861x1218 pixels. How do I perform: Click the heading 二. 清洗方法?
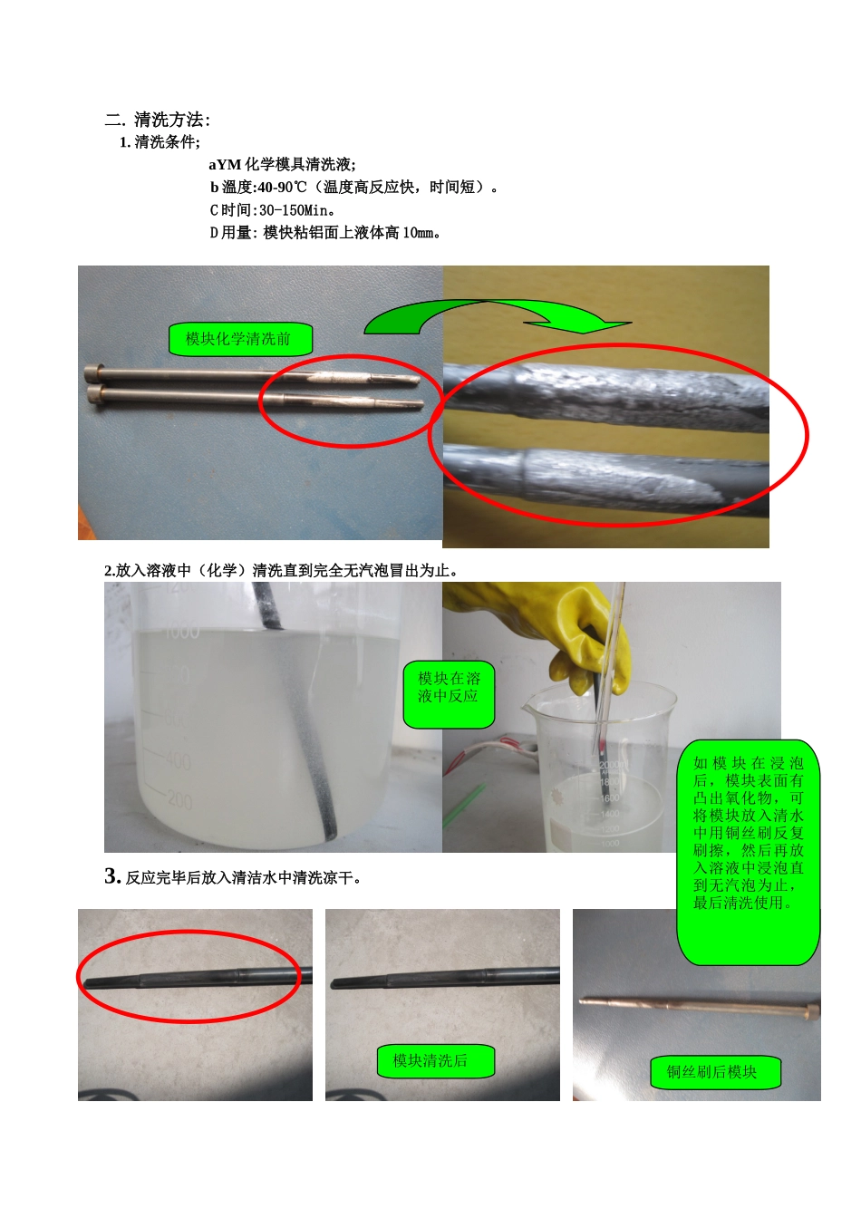(158, 120)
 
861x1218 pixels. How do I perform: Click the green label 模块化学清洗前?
(239, 339)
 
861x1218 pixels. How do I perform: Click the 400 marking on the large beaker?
(177, 760)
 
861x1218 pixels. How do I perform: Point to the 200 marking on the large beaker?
(179, 801)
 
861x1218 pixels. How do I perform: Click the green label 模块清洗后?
(435, 1060)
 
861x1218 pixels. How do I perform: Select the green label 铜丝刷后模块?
(715, 1072)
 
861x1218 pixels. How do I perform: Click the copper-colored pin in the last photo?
(698, 1005)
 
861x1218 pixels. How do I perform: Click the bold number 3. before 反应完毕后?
(112, 876)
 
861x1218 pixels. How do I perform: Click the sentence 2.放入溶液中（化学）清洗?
(281, 570)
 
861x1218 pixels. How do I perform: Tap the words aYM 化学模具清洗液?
(282, 165)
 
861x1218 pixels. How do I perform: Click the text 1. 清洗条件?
(160, 142)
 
